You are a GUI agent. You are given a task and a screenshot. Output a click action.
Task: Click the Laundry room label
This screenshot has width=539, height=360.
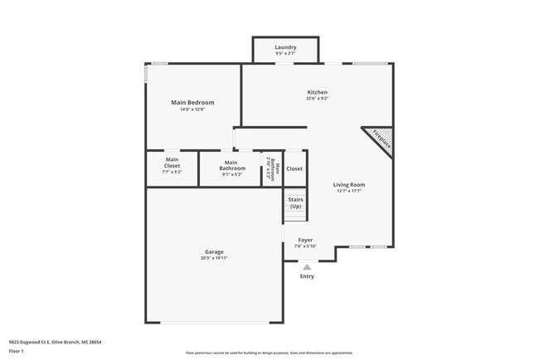coord(285,47)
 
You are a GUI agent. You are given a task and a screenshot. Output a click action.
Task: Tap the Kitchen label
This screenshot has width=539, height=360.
coord(317,92)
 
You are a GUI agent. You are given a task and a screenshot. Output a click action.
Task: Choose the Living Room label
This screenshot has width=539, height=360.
coord(349,185)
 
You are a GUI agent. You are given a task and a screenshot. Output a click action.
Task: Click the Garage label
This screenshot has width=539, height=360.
coord(214,252)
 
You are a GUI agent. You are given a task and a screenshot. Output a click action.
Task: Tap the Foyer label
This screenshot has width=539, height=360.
coord(306,240)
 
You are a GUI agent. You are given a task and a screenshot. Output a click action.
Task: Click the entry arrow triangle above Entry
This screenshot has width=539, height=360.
coord(307,267)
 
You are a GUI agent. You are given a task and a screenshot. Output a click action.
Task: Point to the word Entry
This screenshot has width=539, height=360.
coord(307,276)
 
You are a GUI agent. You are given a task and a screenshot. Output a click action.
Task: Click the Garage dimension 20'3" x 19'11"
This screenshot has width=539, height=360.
coord(214,258)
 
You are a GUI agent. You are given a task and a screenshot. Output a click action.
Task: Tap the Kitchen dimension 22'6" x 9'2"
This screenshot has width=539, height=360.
coord(317,99)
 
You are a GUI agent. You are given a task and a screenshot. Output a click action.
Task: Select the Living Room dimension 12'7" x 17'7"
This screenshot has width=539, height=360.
coord(349,191)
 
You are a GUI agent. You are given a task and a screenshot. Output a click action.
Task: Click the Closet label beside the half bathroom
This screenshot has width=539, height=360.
coord(294,168)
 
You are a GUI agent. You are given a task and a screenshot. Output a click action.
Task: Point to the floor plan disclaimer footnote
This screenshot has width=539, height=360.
coord(269,352)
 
